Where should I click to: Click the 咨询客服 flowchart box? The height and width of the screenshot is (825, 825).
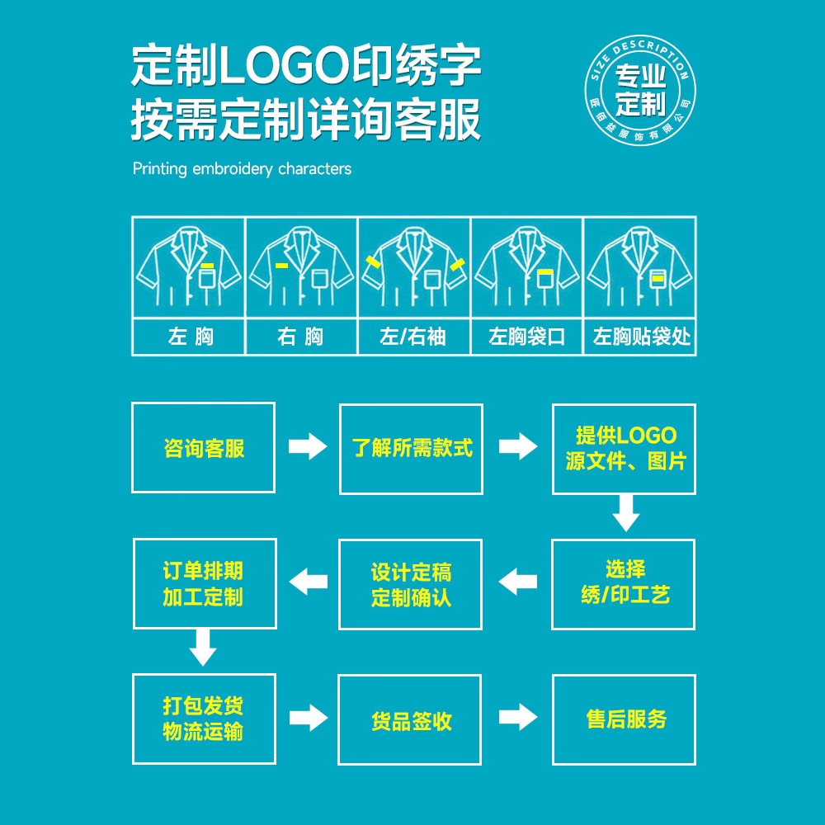pyautogui.click(x=203, y=448)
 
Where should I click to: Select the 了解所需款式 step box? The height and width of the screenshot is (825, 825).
pyautogui.click(x=411, y=448)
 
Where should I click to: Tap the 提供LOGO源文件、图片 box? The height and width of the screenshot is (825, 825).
pyautogui.click(x=625, y=448)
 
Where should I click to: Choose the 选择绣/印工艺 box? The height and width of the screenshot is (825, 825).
pyautogui.click(x=625, y=583)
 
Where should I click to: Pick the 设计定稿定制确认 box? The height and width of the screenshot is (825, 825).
pyautogui.click(x=411, y=583)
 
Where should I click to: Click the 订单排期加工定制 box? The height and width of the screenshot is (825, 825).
pyautogui.click(x=203, y=583)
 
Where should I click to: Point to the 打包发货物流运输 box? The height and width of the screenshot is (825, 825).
pyautogui.click(x=203, y=719)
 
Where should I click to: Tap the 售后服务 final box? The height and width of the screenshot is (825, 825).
pyautogui.click(x=625, y=719)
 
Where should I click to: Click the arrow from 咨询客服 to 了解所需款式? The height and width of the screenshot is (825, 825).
pyautogui.click(x=308, y=447)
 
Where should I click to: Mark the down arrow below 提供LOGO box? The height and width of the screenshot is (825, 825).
pyautogui.click(x=625, y=513)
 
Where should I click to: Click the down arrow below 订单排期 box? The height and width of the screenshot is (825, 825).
pyautogui.click(x=203, y=648)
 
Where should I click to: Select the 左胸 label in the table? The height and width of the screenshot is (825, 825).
pyautogui.click(x=190, y=337)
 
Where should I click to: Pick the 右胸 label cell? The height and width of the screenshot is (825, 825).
pyautogui.click(x=301, y=337)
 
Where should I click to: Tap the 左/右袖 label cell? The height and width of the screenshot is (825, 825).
pyautogui.click(x=413, y=337)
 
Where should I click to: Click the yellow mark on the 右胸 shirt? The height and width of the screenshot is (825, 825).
pyautogui.click(x=281, y=266)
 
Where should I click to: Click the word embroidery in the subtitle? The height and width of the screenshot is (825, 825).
pyautogui.click(x=233, y=169)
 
